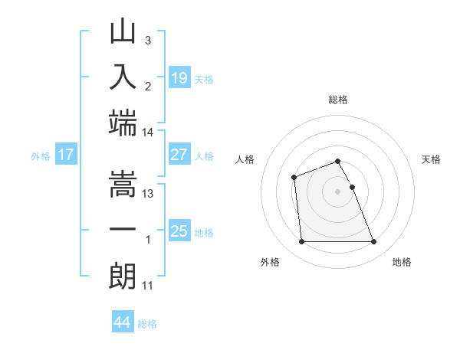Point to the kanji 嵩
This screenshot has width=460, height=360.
click(x=123, y=185)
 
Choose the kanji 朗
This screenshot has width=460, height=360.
click(x=123, y=275)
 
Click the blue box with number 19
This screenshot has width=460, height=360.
click(x=179, y=77)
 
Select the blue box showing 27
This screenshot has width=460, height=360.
click(x=179, y=154)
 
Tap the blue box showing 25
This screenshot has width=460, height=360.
click(x=179, y=231)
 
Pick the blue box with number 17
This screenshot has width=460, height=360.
click(x=66, y=155)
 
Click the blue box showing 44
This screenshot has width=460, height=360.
click(x=123, y=322)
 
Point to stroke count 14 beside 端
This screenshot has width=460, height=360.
click(x=148, y=133)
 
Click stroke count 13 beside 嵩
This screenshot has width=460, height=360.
click(x=149, y=194)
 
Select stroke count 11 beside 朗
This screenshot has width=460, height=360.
click(x=148, y=286)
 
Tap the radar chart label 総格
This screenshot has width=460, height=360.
click(x=337, y=100)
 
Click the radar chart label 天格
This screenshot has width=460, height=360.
click(x=431, y=159)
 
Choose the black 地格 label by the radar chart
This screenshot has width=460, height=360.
click(x=402, y=262)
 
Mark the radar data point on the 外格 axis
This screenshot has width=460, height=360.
click(x=301, y=242)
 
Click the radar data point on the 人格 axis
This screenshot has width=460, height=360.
click(x=294, y=178)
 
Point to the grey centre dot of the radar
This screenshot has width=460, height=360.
click(x=337, y=191)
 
